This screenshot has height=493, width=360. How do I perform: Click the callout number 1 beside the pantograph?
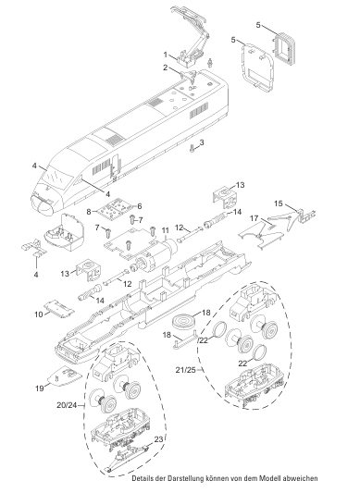coord(166,55)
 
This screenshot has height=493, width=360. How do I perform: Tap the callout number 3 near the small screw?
coord(202,142)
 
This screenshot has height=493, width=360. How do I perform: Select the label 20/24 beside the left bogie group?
coord(67,405)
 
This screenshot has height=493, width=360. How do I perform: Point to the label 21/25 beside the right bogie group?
coord(186,370)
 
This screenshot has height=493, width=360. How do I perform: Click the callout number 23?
coord(159,439)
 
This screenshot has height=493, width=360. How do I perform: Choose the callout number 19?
coord(40,388)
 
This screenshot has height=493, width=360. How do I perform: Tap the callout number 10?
coord(38,314)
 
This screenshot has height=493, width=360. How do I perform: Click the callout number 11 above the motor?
coord(166,231)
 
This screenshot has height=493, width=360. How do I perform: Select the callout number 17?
coord(254,218)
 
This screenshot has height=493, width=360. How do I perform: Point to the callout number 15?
coord(279,203)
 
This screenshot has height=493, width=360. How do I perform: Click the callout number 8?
coord(89,212)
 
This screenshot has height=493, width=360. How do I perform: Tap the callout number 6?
coord(139,206)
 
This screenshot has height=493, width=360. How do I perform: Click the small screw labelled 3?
coord(192,149)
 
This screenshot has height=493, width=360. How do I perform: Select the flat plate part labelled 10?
coord(59,307)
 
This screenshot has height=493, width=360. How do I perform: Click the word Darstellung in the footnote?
coord(186,479)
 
